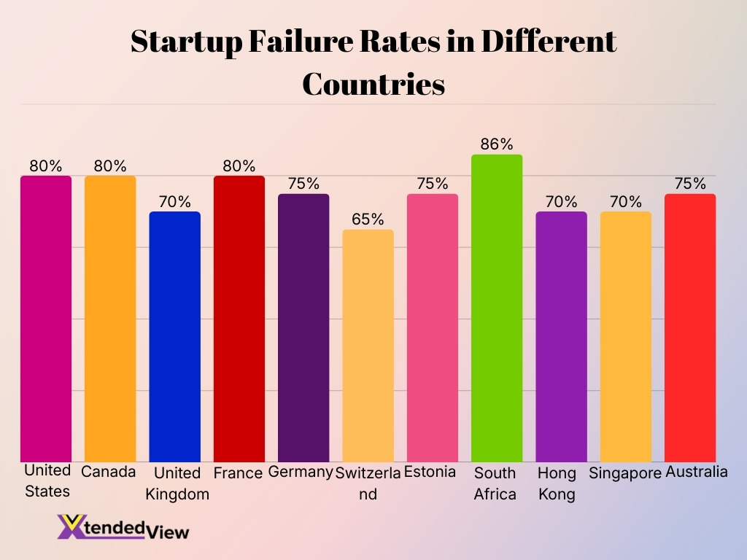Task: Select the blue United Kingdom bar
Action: [x=174, y=336]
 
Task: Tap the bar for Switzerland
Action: [x=368, y=346]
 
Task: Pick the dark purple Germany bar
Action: [x=303, y=327]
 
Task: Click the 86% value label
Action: [x=497, y=144]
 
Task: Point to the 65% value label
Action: [x=368, y=219]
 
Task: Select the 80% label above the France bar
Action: [x=239, y=166]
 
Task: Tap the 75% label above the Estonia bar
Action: [x=433, y=184]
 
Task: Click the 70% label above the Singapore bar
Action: [x=625, y=202]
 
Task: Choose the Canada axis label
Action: [x=109, y=472]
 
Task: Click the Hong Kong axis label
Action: [x=557, y=483]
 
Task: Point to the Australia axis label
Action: [x=697, y=472]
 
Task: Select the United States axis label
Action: [x=47, y=481]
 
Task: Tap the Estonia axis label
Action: [x=430, y=472]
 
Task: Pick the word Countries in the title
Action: [x=373, y=85]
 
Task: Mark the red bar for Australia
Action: [x=690, y=327]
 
